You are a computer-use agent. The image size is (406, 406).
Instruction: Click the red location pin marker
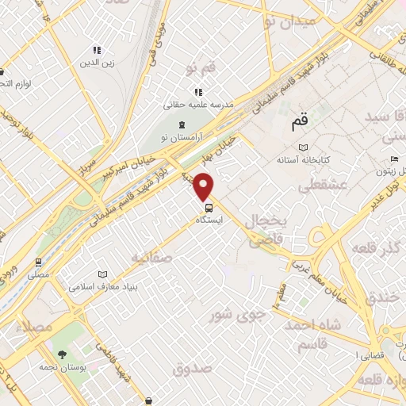[205, 185]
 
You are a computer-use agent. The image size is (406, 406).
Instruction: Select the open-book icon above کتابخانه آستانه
[301, 147]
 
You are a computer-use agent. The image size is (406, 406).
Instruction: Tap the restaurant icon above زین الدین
[97, 50]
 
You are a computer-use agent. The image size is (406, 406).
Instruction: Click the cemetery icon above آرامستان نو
[182, 124]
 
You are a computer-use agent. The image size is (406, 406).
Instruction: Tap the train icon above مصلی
[37, 262]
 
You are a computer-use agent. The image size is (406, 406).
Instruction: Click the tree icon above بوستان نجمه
[61, 356]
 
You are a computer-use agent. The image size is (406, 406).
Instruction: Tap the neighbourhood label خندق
[386, 295]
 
